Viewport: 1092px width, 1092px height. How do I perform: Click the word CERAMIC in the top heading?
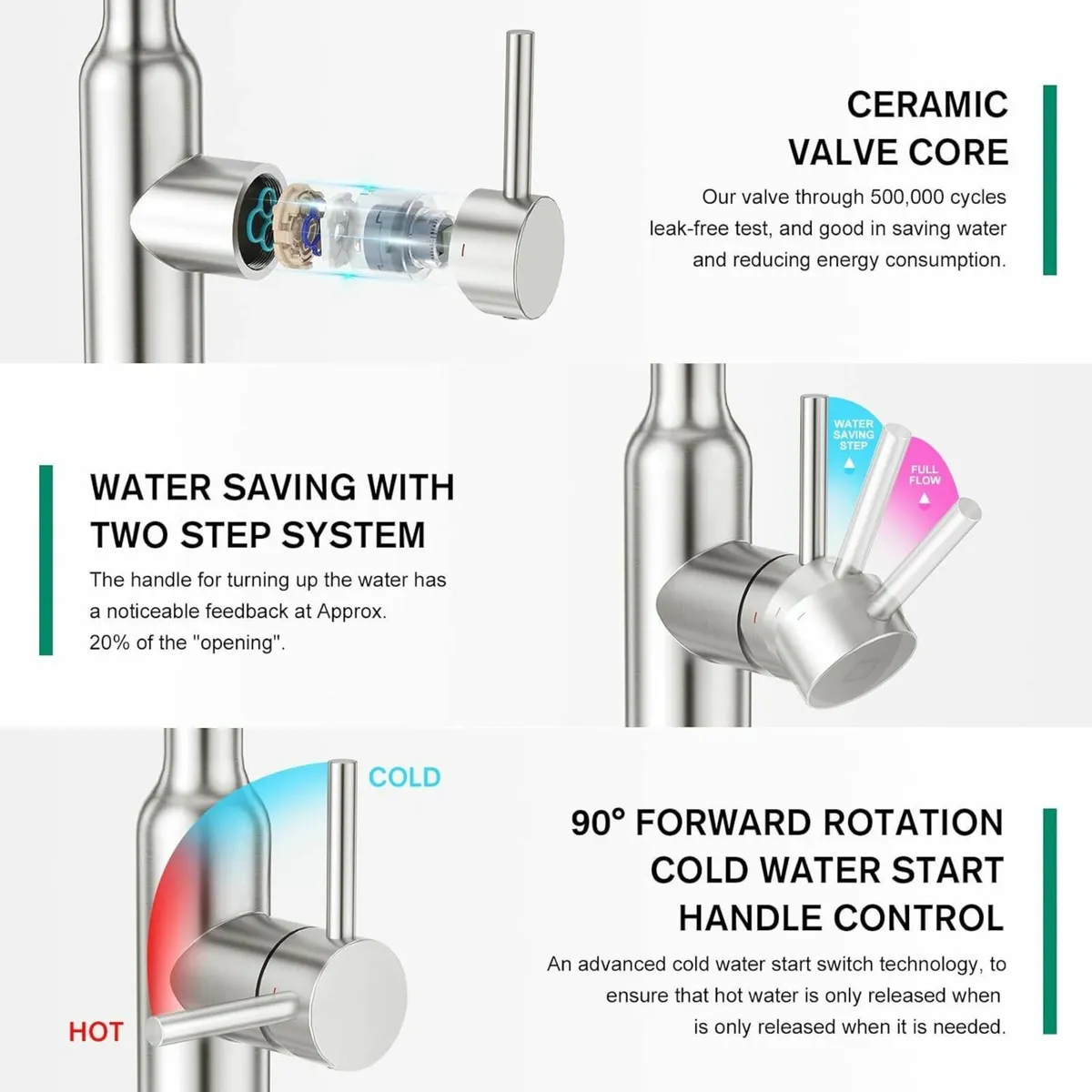coord(926,105)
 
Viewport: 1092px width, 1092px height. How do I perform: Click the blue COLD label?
coord(404,777)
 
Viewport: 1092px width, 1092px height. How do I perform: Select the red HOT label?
coord(96,1032)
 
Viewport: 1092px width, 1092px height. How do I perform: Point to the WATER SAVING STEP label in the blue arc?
coord(853,435)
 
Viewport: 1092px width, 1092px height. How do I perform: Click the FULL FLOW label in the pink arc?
coord(925,475)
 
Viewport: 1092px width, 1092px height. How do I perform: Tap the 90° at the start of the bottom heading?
coord(598,823)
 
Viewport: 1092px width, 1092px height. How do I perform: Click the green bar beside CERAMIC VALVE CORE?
coord(1049,179)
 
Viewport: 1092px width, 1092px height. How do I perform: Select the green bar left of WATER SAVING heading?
coord(45,560)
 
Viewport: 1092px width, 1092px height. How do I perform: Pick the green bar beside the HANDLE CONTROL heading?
coord(1049,921)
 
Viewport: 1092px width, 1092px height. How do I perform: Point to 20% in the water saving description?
coord(109,642)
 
